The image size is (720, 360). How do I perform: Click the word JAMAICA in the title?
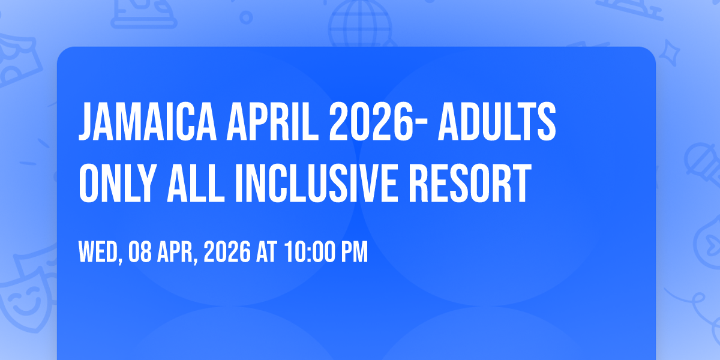[148, 121]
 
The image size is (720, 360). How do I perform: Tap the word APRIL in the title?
[272, 121]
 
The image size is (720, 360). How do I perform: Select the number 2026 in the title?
[371, 121]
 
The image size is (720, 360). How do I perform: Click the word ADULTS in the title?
[497, 121]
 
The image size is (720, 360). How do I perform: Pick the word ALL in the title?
[196, 183]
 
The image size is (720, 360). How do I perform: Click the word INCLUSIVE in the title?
[317, 183]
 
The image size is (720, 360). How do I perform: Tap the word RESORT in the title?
[470, 183]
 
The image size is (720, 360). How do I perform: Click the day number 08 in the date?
[140, 252]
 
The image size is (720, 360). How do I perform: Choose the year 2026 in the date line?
[227, 252]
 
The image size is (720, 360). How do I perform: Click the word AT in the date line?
[266, 252]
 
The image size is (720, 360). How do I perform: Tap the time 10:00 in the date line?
[310, 252]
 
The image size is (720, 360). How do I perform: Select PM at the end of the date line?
[355, 252]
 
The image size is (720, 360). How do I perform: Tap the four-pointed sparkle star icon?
[669, 53]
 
